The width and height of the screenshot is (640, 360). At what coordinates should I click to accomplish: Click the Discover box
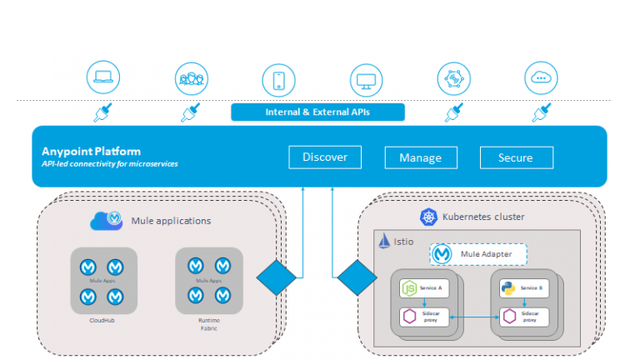click(x=325, y=157)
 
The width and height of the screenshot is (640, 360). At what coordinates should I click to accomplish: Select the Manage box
click(x=420, y=157)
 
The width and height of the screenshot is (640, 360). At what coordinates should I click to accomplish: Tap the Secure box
click(x=515, y=157)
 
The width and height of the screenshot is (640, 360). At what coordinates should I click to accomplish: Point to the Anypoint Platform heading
click(x=91, y=152)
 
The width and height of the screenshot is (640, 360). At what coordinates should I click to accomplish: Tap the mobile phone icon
click(x=278, y=79)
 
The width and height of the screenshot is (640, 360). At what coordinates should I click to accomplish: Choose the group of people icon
click(x=191, y=79)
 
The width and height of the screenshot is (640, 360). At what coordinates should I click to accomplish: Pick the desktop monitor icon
click(x=366, y=79)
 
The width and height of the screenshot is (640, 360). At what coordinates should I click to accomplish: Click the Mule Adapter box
click(x=478, y=255)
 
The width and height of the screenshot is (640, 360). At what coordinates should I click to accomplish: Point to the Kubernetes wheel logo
click(x=428, y=217)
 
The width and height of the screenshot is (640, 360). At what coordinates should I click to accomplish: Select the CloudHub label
click(x=102, y=318)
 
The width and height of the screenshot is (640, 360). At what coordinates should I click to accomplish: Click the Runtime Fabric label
click(x=209, y=322)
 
